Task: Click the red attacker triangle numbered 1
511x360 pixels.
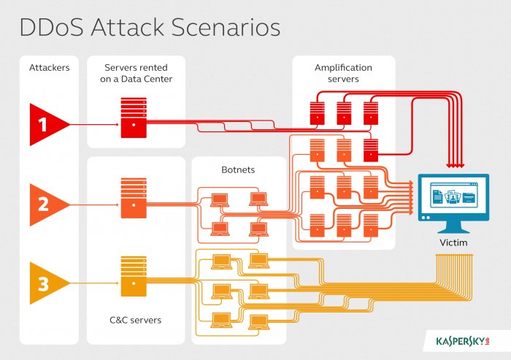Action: pos(45,125)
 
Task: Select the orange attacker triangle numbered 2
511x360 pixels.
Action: pos(45,204)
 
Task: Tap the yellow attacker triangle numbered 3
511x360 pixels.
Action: pos(45,283)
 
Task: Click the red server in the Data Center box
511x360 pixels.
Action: pos(134,118)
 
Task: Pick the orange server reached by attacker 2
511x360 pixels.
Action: pos(134,198)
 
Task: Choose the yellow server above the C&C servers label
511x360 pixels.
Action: pos(134,276)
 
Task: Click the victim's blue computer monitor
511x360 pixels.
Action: pos(453,198)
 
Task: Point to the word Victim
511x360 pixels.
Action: pos(453,242)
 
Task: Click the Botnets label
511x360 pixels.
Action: pos(238,169)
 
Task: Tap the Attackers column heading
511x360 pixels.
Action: pos(49,67)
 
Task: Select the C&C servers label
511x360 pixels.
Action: pos(136,320)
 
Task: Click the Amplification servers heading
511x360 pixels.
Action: pos(343,73)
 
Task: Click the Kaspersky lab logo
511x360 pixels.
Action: pos(463,342)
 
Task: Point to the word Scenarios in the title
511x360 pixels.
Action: pos(226,27)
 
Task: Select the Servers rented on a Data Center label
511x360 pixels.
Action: pos(137,73)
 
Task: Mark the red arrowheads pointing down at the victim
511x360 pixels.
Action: pos(456,166)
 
